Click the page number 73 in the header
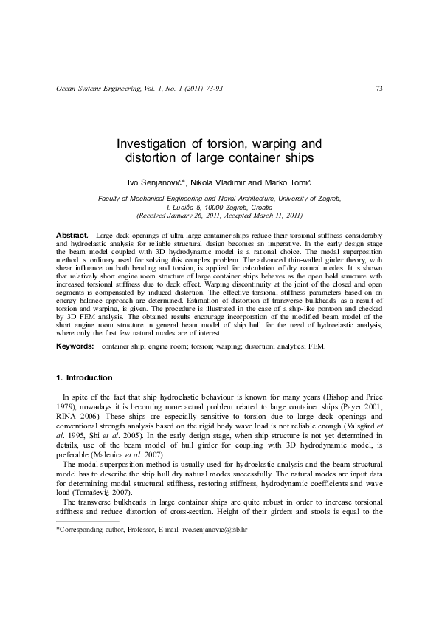tap(378, 89)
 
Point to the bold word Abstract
tap(72, 235)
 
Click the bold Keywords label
tap(75, 345)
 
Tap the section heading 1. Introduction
tap(84, 377)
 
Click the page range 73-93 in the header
tap(212, 89)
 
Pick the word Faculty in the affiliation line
tap(111, 199)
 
